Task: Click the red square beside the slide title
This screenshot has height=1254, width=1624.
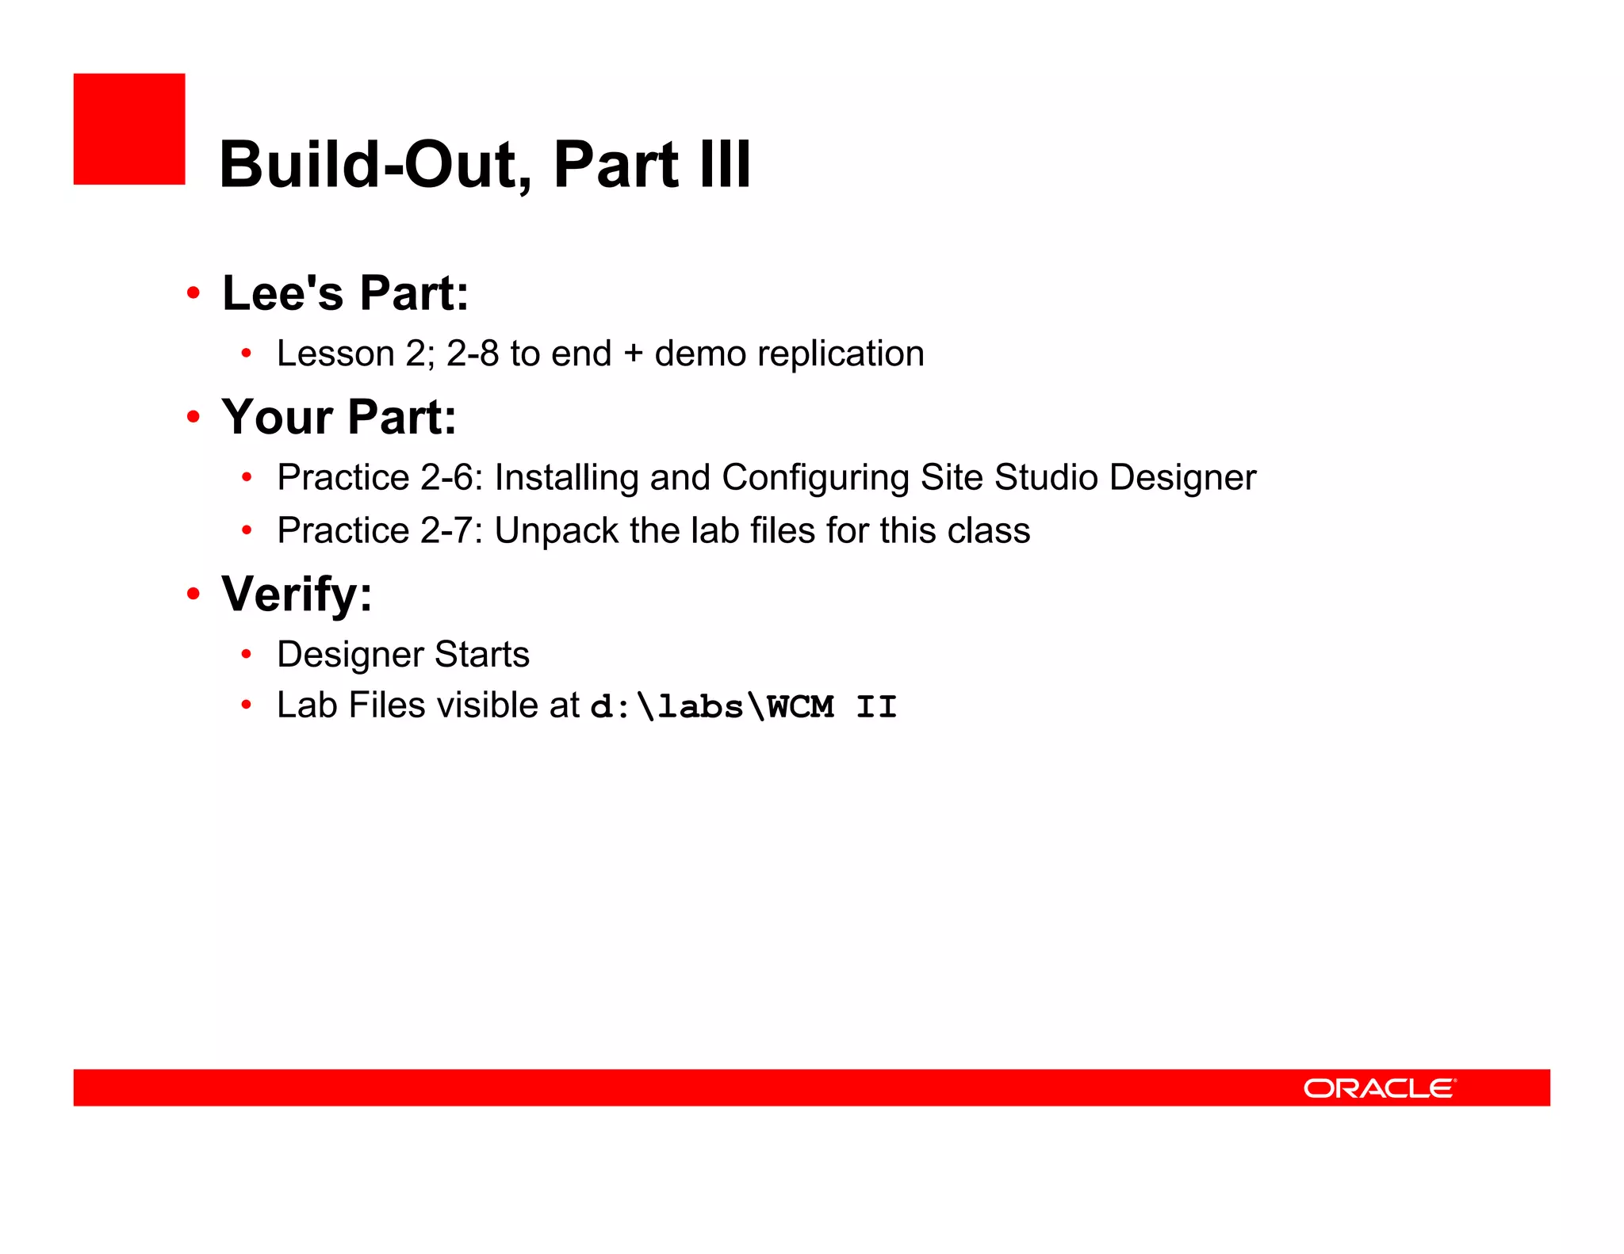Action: point(129,129)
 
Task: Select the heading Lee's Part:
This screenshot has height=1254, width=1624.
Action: point(346,293)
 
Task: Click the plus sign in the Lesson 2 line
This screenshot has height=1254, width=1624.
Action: point(633,354)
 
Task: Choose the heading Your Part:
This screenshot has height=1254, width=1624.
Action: point(339,417)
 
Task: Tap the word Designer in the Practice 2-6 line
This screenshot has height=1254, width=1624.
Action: point(1182,478)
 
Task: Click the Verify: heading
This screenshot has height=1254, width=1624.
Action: point(297,594)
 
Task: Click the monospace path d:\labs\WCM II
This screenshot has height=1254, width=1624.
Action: point(743,706)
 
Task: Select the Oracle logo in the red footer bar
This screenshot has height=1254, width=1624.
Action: point(1379,1088)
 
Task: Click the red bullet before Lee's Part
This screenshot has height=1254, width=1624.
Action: point(193,293)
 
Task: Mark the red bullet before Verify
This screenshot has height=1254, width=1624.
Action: point(193,594)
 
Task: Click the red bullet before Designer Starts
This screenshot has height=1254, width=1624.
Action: point(247,655)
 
